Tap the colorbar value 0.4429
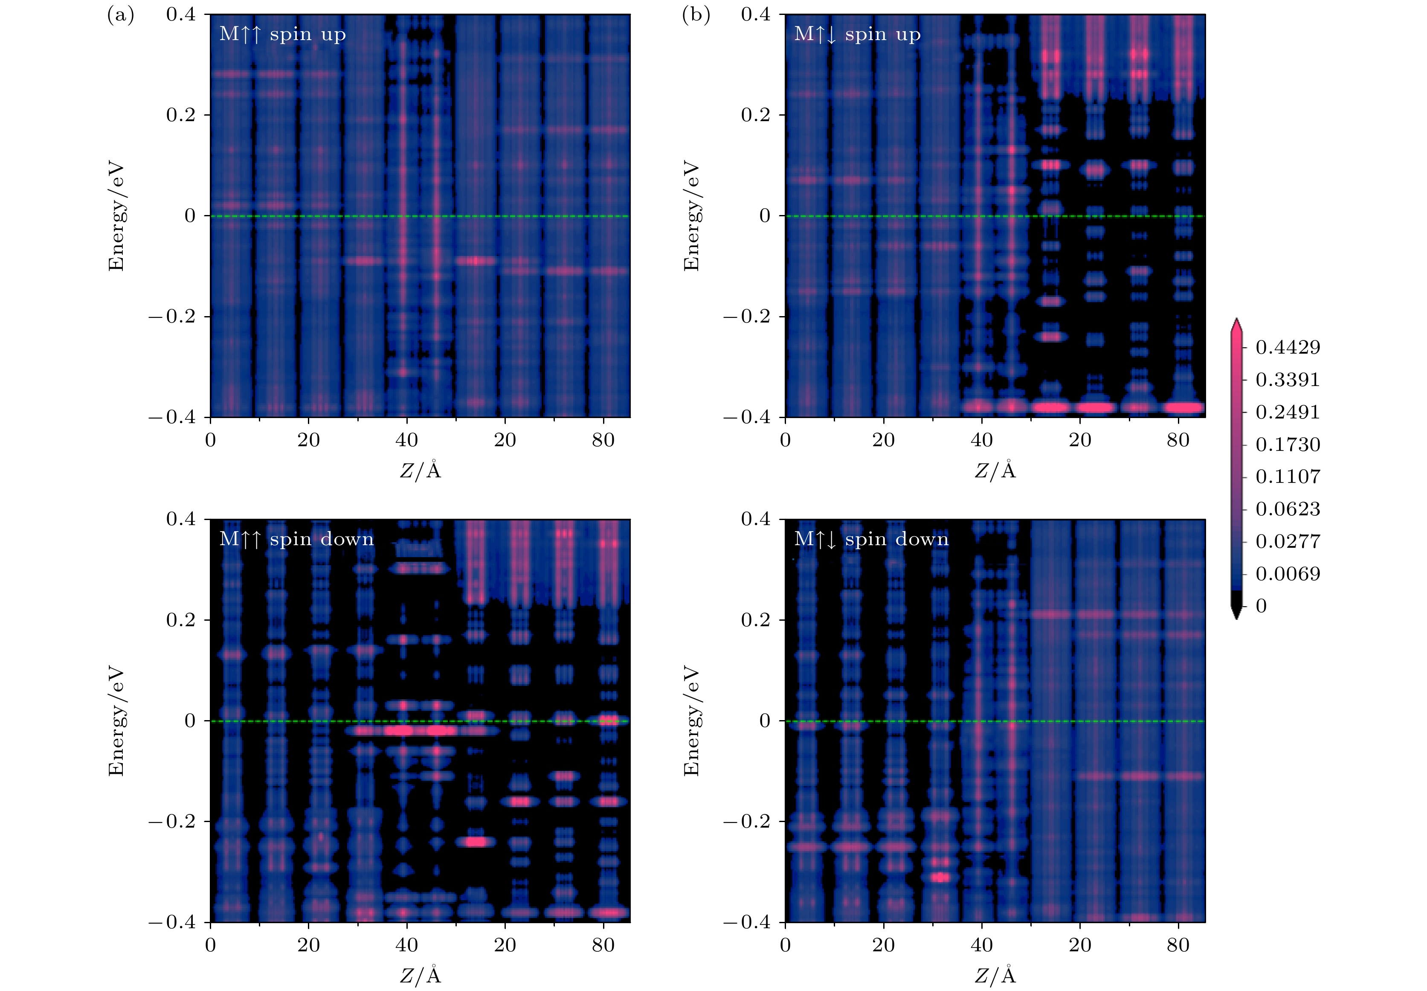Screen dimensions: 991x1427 tap(1288, 347)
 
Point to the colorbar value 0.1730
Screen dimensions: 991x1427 tap(1288, 445)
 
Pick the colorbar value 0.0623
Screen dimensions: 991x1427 tap(1288, 509)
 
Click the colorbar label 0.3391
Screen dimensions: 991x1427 tap(1288, 379)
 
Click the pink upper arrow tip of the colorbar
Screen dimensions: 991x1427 tap(1236, 323)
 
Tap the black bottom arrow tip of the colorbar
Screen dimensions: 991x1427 tap(1236, 615)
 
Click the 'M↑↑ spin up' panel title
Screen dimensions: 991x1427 tap(282, 34)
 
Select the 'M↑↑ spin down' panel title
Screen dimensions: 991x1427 tap(297, 539)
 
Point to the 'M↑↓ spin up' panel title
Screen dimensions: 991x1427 tap(857, 34)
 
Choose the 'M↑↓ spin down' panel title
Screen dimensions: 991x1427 tap(871, 539)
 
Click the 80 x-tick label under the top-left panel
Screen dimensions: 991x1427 tap(603, 440)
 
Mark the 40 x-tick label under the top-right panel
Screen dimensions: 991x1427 tap(981, 440)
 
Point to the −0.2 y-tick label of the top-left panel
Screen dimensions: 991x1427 tap(171, 317)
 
